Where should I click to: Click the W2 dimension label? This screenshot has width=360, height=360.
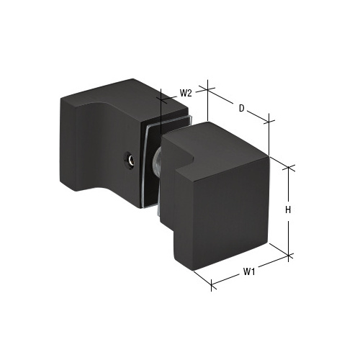click(x=185, y=93)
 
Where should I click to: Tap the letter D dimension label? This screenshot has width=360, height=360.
click(x=242, y=109)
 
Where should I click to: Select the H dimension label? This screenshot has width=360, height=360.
click(x=287, y=210)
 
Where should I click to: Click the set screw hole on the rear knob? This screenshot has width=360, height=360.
click(x=130, y=160)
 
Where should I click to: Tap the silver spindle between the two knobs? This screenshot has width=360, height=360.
click(x=156, y=166)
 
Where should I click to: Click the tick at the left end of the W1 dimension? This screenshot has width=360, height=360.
click(x=211, y=287)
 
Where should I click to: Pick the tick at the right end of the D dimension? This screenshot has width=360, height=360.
click(x=269, y=120)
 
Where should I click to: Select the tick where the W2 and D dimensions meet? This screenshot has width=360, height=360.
click(x=207, y=89)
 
